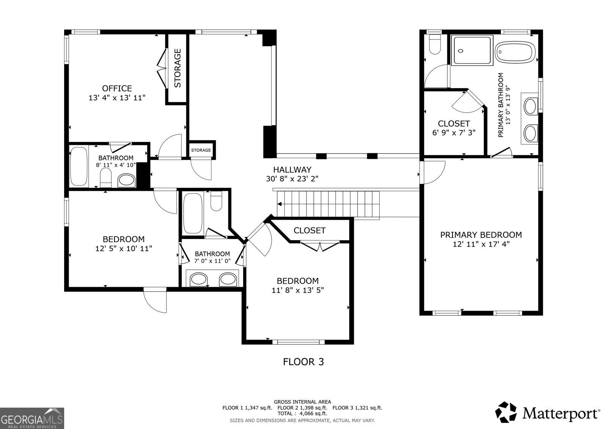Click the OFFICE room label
click(117, 88)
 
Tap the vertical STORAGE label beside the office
click(177, 68)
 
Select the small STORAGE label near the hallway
click(201, 150)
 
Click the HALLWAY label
click(292, 170)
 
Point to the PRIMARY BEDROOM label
click(481, 235)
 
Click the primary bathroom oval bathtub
click(515, 52)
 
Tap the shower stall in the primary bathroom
click(472, 50)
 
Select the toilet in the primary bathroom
click(435, 44)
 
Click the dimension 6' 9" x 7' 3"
click(454, 132)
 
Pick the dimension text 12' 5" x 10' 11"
click(124, 248)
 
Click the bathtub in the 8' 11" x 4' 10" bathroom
click(79, 166)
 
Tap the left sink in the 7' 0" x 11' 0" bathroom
click(198, 279)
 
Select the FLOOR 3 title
click(303, 362)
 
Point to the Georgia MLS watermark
click(32, 418)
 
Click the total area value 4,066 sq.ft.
click(313, 413)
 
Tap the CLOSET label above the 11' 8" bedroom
click(310, 230)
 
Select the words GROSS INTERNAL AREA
click(302, 402)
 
